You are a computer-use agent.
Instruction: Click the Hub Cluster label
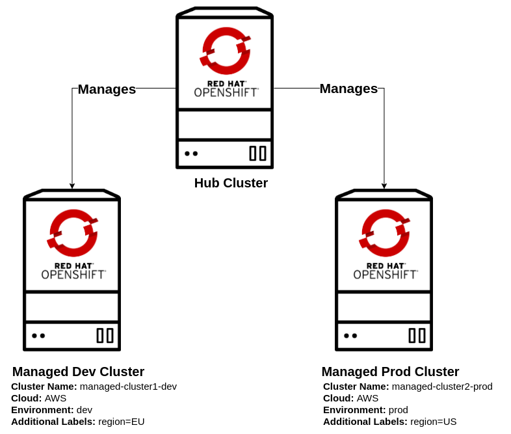[x=231, y=183]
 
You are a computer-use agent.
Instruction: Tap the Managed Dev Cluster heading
[x=78, y=372]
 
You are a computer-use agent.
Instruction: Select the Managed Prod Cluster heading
[x=390, y=372]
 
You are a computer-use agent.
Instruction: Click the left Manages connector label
[x=107, y=89]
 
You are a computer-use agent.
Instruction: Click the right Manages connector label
[x=348, y=88]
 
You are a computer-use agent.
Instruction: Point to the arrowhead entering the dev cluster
[x=72, y=186]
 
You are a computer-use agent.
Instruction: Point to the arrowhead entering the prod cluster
[x=384, y=186]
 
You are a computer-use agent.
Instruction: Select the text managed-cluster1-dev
[x=128, y=387]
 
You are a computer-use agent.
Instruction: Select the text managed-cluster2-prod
[x=442, y=387]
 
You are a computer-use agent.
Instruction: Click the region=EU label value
[x=121, y=422]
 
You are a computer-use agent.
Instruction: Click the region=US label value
[x=433, y=422]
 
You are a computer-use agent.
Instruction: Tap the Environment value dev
[x=85, y=410]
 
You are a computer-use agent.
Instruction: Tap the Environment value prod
[x=399, y=410]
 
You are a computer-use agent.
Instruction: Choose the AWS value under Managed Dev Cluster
[x=55, y=398]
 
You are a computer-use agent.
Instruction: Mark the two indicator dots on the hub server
[x=191, y=154]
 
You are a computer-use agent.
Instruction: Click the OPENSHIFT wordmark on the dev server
[x=73, y=275]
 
